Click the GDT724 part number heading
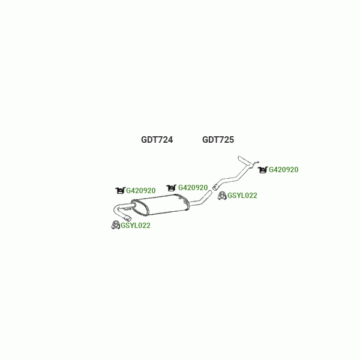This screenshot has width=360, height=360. click(157, 140)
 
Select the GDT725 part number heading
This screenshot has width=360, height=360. click(218, 140)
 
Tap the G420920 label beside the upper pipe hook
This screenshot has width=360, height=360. click(284, 170)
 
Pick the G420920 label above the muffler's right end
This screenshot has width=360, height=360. click(193, 188)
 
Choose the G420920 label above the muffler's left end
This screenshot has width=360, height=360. click(141, 191)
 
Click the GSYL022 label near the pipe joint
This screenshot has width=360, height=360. click(242, 196)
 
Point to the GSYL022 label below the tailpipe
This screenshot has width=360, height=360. click(136, 226)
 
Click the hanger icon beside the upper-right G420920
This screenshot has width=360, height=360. click(263, 170)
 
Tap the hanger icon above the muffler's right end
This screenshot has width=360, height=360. click(171, 188)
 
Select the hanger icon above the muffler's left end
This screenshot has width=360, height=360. click(120, 191)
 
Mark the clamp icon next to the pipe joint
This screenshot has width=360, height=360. click(222, 196)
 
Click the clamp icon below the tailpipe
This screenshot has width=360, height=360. click(115, 225)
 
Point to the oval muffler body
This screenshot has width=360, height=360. click(160, 205)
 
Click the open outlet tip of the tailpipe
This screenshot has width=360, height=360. click(129, 218)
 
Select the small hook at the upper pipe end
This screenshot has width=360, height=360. click(256, 163)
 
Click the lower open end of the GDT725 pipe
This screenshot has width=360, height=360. click(215, 187)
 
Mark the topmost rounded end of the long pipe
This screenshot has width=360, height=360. click(239, 158)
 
